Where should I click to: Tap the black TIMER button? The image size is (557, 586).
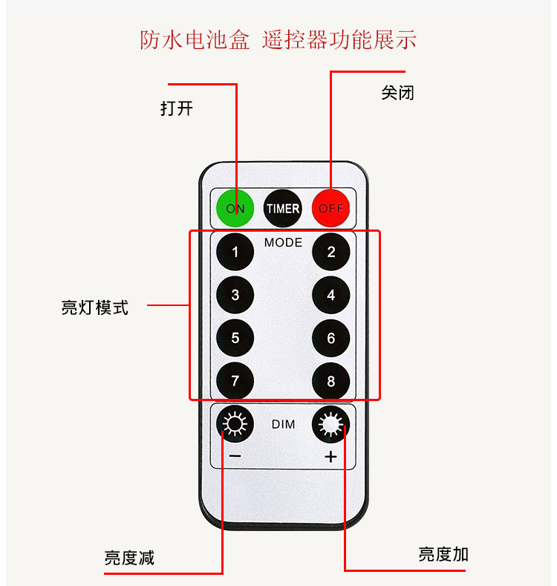[x=283, y=209]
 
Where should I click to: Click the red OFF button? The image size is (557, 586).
[x=330, y=209]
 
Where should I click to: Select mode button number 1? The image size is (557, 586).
[x=235, y=253]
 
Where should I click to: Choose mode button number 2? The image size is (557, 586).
[x=331, y=253]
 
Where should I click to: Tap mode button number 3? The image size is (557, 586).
[x=235, y=296]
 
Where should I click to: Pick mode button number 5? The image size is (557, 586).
[x=235, y=339]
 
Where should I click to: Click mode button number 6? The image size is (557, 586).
[x=331, y=339]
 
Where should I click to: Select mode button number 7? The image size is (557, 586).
[x=235, y=382]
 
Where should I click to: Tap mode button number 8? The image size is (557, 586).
[x=331, y=382]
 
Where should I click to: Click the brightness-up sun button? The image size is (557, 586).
[x=331, y=425]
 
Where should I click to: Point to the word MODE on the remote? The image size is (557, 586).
[x=283, y=243]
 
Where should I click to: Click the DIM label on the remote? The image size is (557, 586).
[x=283, y=425]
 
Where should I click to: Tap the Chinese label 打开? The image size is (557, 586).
[x=177, y=108]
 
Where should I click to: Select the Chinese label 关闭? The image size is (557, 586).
[x=397, y=93]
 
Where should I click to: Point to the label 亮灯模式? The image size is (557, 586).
[x=94, y=307]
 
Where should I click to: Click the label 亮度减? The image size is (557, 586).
[x=129, y=558]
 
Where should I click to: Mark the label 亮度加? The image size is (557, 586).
[x=443, y=554]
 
